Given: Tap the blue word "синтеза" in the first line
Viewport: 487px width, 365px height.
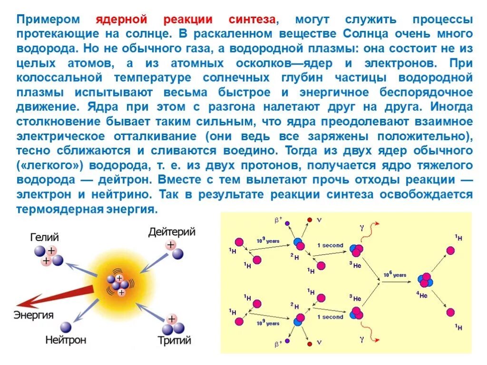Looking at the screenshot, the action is pos(253,20).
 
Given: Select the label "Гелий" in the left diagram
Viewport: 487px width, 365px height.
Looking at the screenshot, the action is pos(44,237).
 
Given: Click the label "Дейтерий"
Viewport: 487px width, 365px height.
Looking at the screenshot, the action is pos(172,232).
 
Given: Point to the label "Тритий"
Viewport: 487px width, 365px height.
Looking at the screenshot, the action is pos(175,340).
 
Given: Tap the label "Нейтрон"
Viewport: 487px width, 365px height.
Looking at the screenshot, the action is pos(66,340).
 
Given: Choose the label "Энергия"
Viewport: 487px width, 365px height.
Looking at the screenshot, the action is pos(33,315).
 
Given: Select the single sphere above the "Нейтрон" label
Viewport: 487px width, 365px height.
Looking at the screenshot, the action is pos(66,327).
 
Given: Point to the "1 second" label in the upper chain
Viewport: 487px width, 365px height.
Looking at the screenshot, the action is pos(330,245).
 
